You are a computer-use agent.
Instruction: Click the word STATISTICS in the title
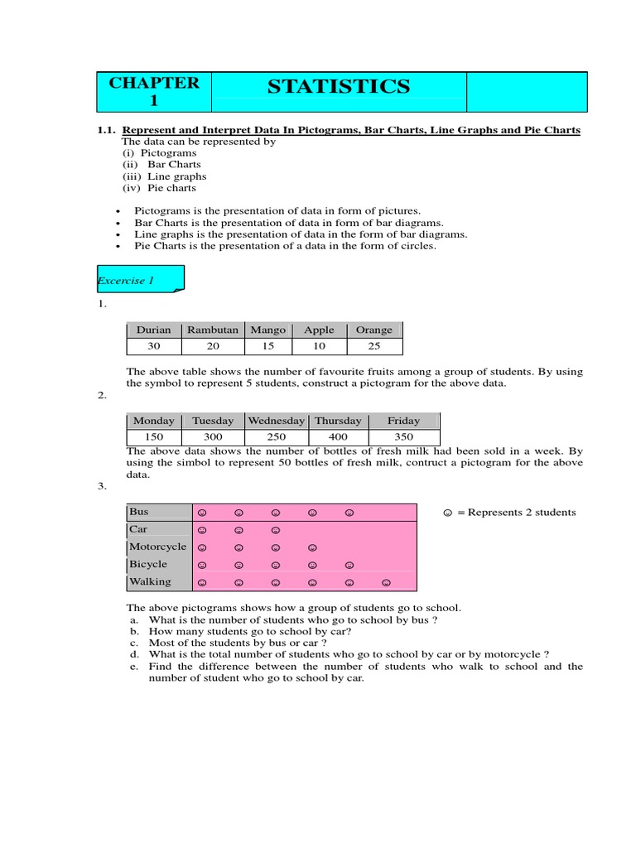click(338, 86)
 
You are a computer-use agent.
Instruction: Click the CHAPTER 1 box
click(154, 92)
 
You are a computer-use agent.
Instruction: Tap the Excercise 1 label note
click(138, 280)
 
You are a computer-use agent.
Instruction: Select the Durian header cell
click(153, 330)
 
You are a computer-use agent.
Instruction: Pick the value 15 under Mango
click(267, 346)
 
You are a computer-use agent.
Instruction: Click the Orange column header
click(373, 330)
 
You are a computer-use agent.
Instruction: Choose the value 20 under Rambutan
click(212, 346)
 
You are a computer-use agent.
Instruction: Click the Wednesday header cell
click(276, 421)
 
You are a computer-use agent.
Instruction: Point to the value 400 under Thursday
click(337, 436)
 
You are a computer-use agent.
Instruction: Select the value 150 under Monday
click(154, 436)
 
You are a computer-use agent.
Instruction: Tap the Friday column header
click(403, 421)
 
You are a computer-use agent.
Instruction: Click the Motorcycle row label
click(158, 547)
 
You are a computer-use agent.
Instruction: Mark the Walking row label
click(150, 581)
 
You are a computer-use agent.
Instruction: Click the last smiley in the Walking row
click(386, 583)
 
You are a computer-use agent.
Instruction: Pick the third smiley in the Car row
click(276, 530)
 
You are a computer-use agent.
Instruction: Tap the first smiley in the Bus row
click(202, 513)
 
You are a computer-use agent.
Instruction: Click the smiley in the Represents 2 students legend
click(447, 513)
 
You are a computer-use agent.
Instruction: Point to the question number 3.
click(101, 487)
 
